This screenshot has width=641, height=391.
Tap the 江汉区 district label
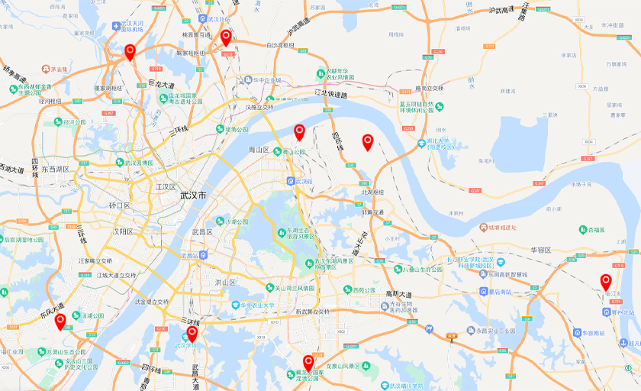[166, 186]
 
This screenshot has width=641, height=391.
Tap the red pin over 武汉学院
[192, 334]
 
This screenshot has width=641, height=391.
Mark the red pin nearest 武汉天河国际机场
[130, 52]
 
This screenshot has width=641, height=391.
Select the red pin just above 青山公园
[300, 133]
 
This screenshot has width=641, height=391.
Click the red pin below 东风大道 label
[60, 321]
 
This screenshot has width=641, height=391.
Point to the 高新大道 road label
[398, 295]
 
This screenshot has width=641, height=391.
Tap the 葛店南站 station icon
[483, 291]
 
